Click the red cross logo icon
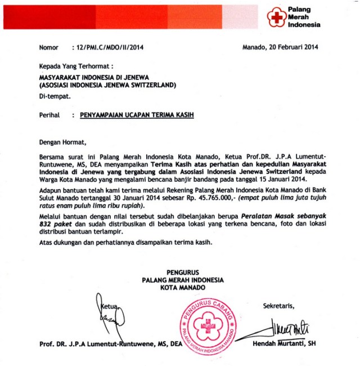point(276,17)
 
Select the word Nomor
point(49,47)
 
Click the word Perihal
point(49,114)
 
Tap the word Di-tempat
point(55,96)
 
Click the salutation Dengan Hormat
point(63,142)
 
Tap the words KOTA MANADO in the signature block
point(183,287)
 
